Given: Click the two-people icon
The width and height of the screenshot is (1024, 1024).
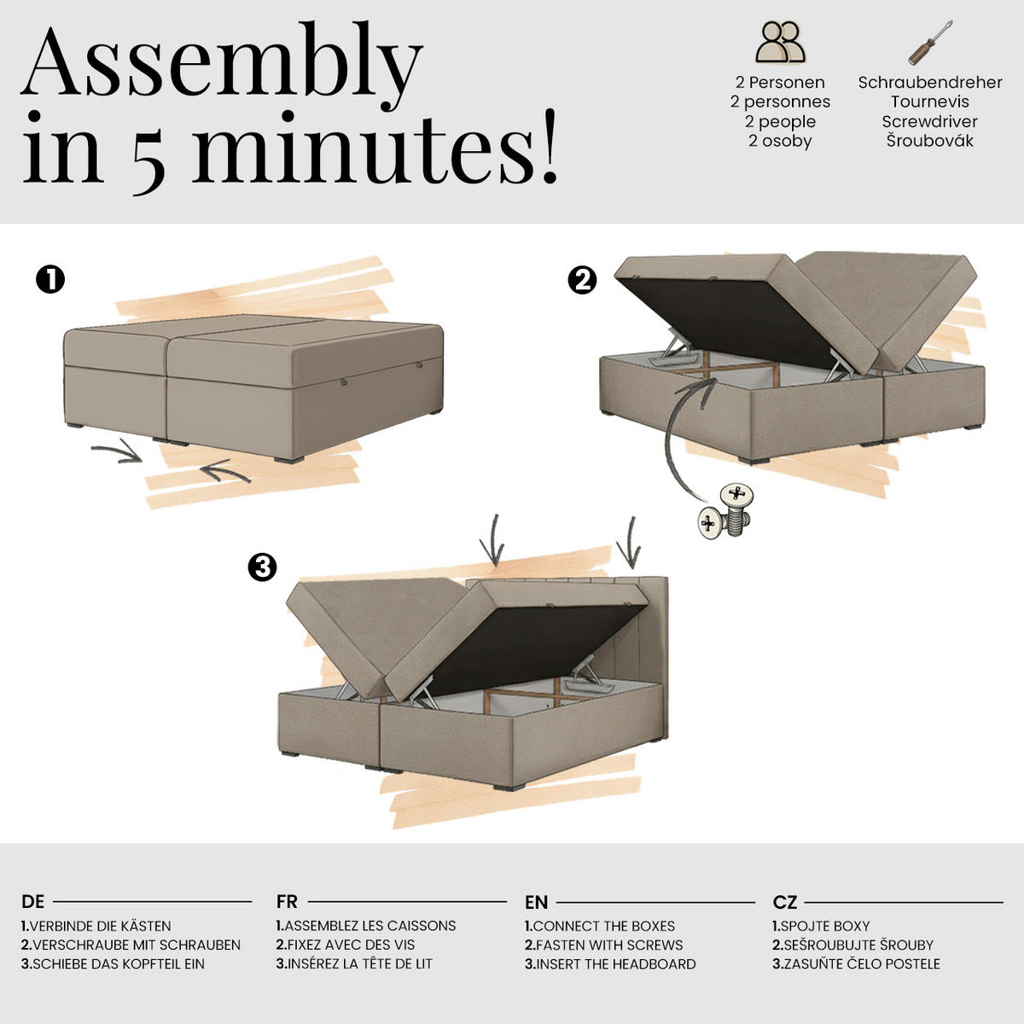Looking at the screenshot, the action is click(780, 42).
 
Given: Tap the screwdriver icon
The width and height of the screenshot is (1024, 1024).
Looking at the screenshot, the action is click(930, 43).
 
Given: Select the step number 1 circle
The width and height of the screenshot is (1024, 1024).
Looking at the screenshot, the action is click(50, 280).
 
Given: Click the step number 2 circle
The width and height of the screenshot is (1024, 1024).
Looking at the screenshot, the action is click(583, 280).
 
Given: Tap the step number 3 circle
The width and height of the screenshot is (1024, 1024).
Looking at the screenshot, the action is click(263, 567).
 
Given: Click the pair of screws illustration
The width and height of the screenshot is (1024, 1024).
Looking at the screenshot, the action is click(725, 511).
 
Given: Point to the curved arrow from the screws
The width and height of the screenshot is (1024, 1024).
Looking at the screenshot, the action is click(671, 436).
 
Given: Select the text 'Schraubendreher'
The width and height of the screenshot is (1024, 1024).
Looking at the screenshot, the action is click(930, 83).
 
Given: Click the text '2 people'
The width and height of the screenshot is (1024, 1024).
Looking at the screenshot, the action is click(780, 122).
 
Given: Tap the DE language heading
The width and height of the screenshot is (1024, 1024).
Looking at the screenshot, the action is click(33, 902).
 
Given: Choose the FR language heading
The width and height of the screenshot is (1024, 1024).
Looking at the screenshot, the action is click(287, 902).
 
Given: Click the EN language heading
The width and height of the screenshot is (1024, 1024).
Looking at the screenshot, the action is click(536, 902).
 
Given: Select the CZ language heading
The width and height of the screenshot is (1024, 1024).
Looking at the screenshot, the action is click(785, 902).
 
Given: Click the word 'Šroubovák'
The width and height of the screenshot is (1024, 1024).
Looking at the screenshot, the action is click(930, 141).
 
